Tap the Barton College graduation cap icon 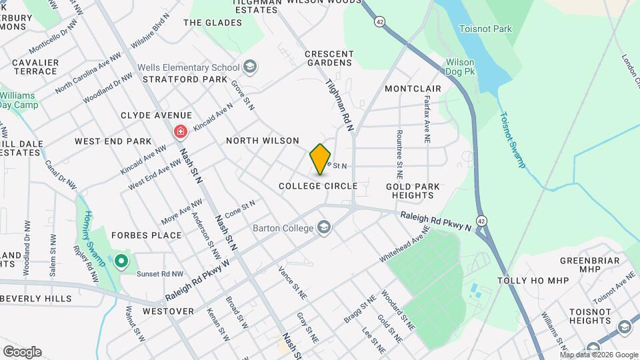pyautogui.click(x=325, y=228)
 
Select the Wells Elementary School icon pyautogui.click(x=250, y=67)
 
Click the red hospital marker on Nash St pyautogui.click(x=180, y=132)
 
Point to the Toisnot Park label pyautogui.click(x=485, y=29)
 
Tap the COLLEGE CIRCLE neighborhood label pyautogui.click(x=318, y=186)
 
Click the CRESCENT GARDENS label pyautogui.click(x=328, y=58)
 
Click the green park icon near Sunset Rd pyautogui.click(x=121, y=260)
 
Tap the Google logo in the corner pyautogui.click(x=22, y=351)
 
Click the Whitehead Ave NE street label pyautogui.click(x=401, y=247)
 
